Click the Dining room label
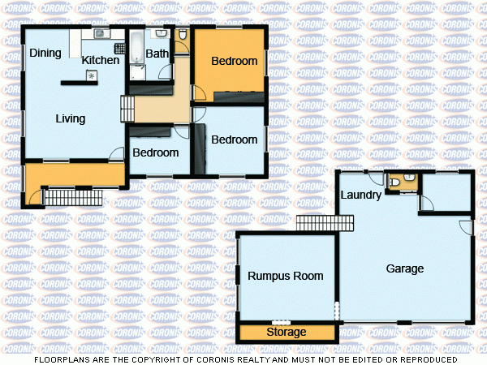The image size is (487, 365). tap(45, 54)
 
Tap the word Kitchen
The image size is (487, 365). tap(101, 60)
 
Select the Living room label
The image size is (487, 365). tap(71, 119)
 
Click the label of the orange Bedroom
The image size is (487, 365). tap(234, 61)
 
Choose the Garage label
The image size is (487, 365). tap(404, 268)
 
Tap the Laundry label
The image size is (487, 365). tap(361, 195)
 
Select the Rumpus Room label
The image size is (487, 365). tap(286, 276)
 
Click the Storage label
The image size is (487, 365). tap(287, 333)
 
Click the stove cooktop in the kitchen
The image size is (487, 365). tap(119, 48)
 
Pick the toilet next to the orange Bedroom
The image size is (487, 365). tap(183, 35)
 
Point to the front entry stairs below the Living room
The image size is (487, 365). tap(71, 197)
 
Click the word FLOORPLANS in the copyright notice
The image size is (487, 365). tap(61, 359)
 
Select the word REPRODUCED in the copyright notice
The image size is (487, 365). tap(429, 359)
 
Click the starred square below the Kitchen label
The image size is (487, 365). tap(91, 75)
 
